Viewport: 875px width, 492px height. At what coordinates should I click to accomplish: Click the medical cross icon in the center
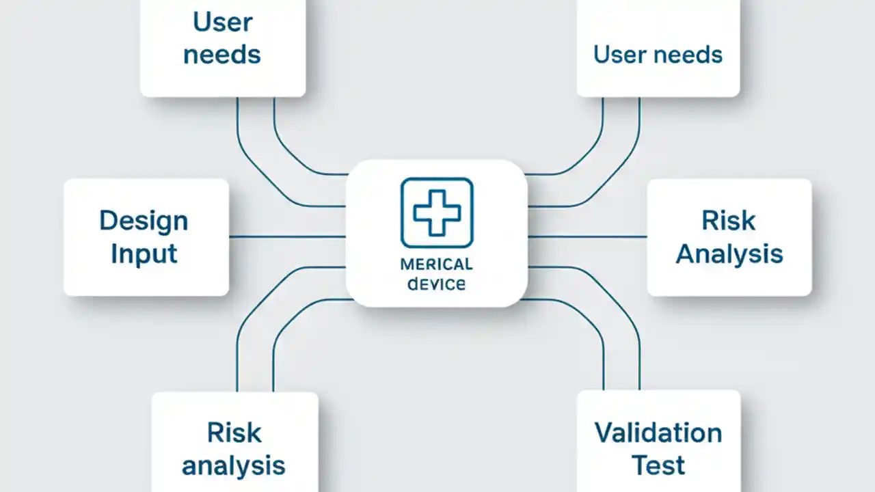[437, 213]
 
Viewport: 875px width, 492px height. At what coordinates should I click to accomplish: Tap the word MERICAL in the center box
[436, 264]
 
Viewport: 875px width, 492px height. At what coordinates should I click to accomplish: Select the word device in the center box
[436, 283]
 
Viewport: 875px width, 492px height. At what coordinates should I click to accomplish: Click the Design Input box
[146, 237]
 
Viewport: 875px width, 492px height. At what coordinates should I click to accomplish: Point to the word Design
[144, 221]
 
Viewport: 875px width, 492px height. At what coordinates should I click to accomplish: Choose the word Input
[144, 254]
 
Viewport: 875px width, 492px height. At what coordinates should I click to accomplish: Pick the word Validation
[658, 433]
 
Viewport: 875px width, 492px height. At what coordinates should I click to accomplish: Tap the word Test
[658, 465]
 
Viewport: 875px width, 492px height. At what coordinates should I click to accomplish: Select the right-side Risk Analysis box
[729, 237]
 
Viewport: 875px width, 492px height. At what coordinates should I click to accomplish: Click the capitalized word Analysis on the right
[729, 254]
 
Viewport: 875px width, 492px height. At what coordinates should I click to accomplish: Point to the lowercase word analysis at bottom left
[234, 465]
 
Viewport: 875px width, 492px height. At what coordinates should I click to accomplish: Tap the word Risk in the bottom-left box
[234, 433]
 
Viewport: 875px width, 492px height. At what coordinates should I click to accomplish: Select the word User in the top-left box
[222, 21]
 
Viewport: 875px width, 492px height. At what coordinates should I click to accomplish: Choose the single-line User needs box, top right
[658, 48]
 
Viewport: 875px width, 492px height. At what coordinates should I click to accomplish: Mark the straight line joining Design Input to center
[287, 237]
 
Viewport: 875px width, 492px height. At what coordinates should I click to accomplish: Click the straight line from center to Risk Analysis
[588, 237]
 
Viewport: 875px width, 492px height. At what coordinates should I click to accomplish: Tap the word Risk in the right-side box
[729, 221]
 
